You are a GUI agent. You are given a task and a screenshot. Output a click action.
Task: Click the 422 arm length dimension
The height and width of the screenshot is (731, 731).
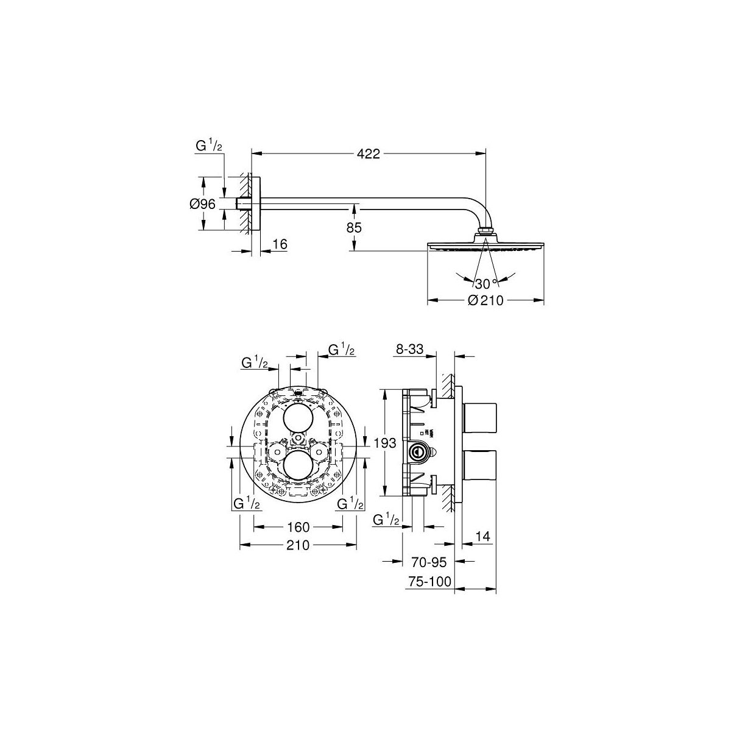(368, 154)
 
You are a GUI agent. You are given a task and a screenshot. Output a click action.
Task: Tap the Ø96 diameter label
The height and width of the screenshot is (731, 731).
(203, 204)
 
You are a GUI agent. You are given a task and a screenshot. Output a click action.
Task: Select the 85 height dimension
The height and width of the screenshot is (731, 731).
(354, 228)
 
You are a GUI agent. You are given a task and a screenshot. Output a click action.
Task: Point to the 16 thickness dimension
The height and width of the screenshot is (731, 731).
(280, 244)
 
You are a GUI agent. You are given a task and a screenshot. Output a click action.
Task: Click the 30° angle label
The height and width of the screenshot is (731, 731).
(486, 283)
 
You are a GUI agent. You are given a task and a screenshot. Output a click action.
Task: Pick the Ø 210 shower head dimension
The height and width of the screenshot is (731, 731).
(486, 300)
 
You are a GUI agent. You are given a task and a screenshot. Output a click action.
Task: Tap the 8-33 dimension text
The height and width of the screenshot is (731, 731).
(409, 348)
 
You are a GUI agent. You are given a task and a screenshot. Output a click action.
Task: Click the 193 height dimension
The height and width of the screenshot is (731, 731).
(385, 443)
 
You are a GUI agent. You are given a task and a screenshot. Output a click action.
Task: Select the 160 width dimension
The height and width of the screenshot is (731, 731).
(298, 527)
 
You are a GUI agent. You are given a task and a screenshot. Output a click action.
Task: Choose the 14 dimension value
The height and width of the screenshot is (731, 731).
(483, 536)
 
